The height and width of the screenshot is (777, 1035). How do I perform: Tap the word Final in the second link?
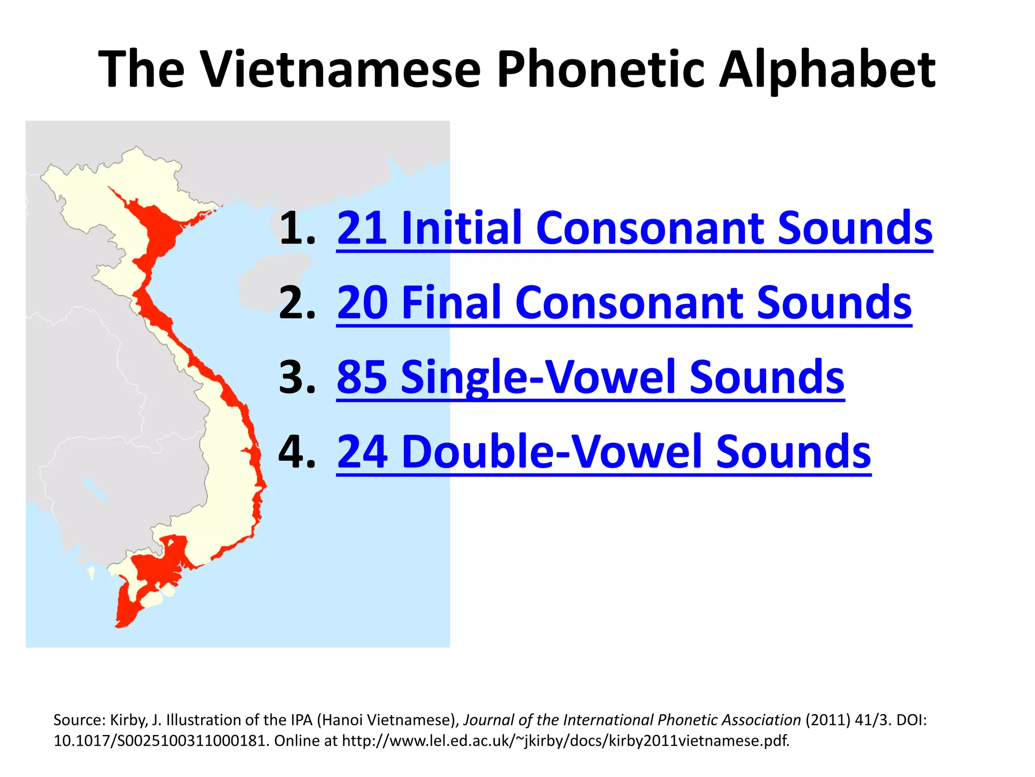click(x=452, y=304)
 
